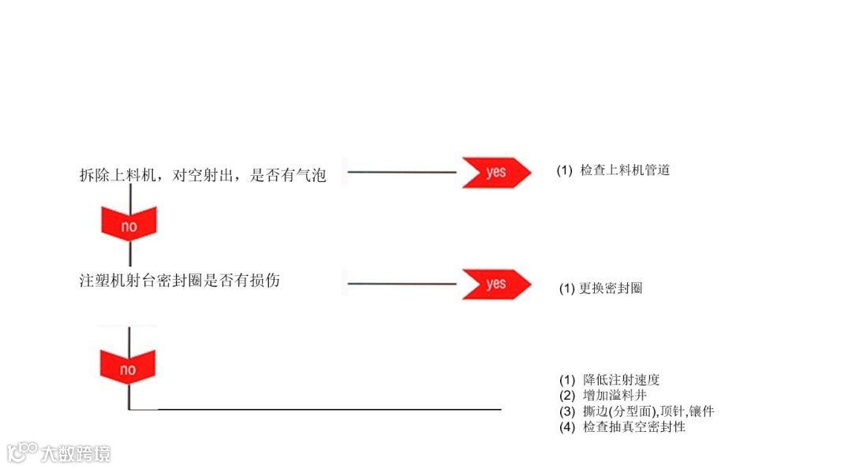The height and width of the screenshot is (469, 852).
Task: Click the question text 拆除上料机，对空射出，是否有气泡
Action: pyautogui.click(x=203, y=176)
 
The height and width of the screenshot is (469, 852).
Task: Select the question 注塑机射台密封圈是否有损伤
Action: pyautogui.click(x=179, y=281)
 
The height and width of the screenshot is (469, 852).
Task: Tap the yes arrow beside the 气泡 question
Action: pyautogui.click(x=495, y=172)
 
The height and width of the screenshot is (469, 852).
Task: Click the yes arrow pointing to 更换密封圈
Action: pyautogui.click(x=495, y=284)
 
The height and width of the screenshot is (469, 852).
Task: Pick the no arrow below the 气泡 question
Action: pyautogui.click(x=129, y=224)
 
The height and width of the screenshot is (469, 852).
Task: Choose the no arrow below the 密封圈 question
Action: pyautogui.click(x=128, y=367)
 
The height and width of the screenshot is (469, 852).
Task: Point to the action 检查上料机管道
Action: pyautogui.click(x=625, y=170)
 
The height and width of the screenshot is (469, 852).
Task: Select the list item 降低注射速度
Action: pyautogui.click(x=620, y=380)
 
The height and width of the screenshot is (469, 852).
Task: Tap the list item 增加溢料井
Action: pyautogui.click(x=615, y=396)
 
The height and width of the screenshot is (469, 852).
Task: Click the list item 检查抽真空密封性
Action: pyautogui.click(x=634, y=427)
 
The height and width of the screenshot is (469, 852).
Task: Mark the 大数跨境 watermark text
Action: pyautogui.click(x=76, y=454)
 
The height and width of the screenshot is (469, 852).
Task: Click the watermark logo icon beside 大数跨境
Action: pyautogui.click(x=22, y=452)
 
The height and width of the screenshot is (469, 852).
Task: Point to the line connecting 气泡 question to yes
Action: pyautogui.click(x=402, y=172)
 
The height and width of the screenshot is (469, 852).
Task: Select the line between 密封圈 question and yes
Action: pyautogui.click(x=402, y=284)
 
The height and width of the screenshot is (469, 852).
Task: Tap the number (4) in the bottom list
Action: pyautogui.click(x=567, y=427)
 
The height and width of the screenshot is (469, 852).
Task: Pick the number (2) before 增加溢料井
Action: pyautogui.click(x=567, y=396)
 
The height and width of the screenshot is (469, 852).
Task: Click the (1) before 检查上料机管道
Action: pyautogui.click(x=564, y=170)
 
